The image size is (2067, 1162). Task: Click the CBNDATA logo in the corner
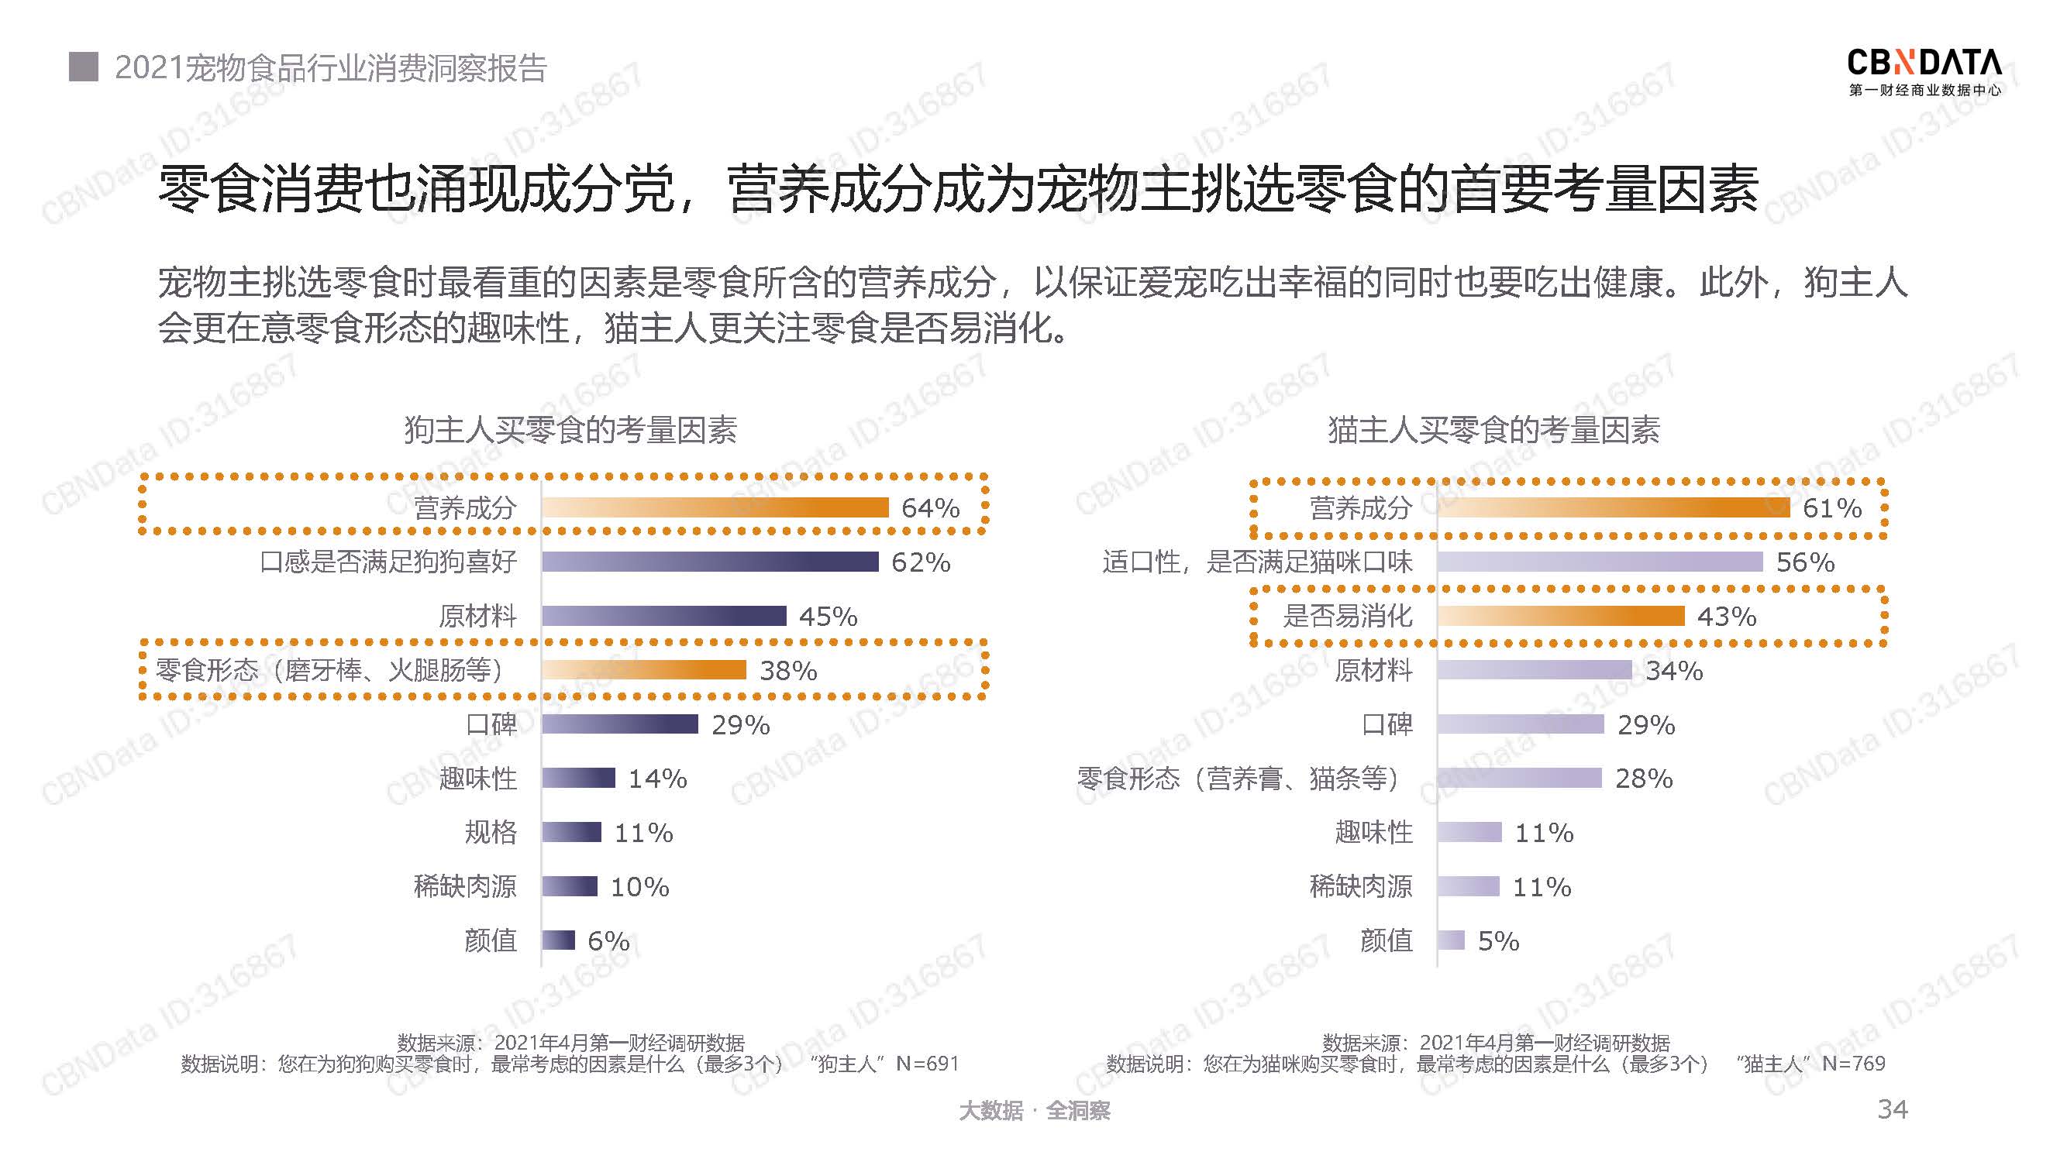coord(1924,71)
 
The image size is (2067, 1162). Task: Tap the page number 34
coord(1892,1109)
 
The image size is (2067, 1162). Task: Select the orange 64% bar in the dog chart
coord(715,507)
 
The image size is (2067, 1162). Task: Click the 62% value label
coord(921,562)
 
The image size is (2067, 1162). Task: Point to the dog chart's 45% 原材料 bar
coord(663,616)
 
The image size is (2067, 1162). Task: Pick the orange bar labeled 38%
coord(643,669)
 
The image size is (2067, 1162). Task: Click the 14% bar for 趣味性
coord(577,778)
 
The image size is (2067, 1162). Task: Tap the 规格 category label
coord(491,833)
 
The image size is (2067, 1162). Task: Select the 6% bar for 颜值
coord(559,940)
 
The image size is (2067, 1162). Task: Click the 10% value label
coord(639,887)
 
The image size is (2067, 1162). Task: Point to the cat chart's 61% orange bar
coord(1613,507)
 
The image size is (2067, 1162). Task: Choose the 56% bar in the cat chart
coord(1600,562)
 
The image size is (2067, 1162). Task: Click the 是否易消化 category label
coord(1347,616)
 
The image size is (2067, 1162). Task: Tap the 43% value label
coord(1727,617)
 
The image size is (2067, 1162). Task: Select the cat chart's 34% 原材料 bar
coord(1535,669)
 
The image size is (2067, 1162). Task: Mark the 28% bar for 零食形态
coord(1519,778)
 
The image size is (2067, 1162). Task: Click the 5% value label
coord(1498,940)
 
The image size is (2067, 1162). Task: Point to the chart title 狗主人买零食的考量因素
coord(570,430)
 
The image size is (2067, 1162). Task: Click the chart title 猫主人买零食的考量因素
coord(1493,430)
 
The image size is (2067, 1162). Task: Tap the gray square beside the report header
coord(84,67)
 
